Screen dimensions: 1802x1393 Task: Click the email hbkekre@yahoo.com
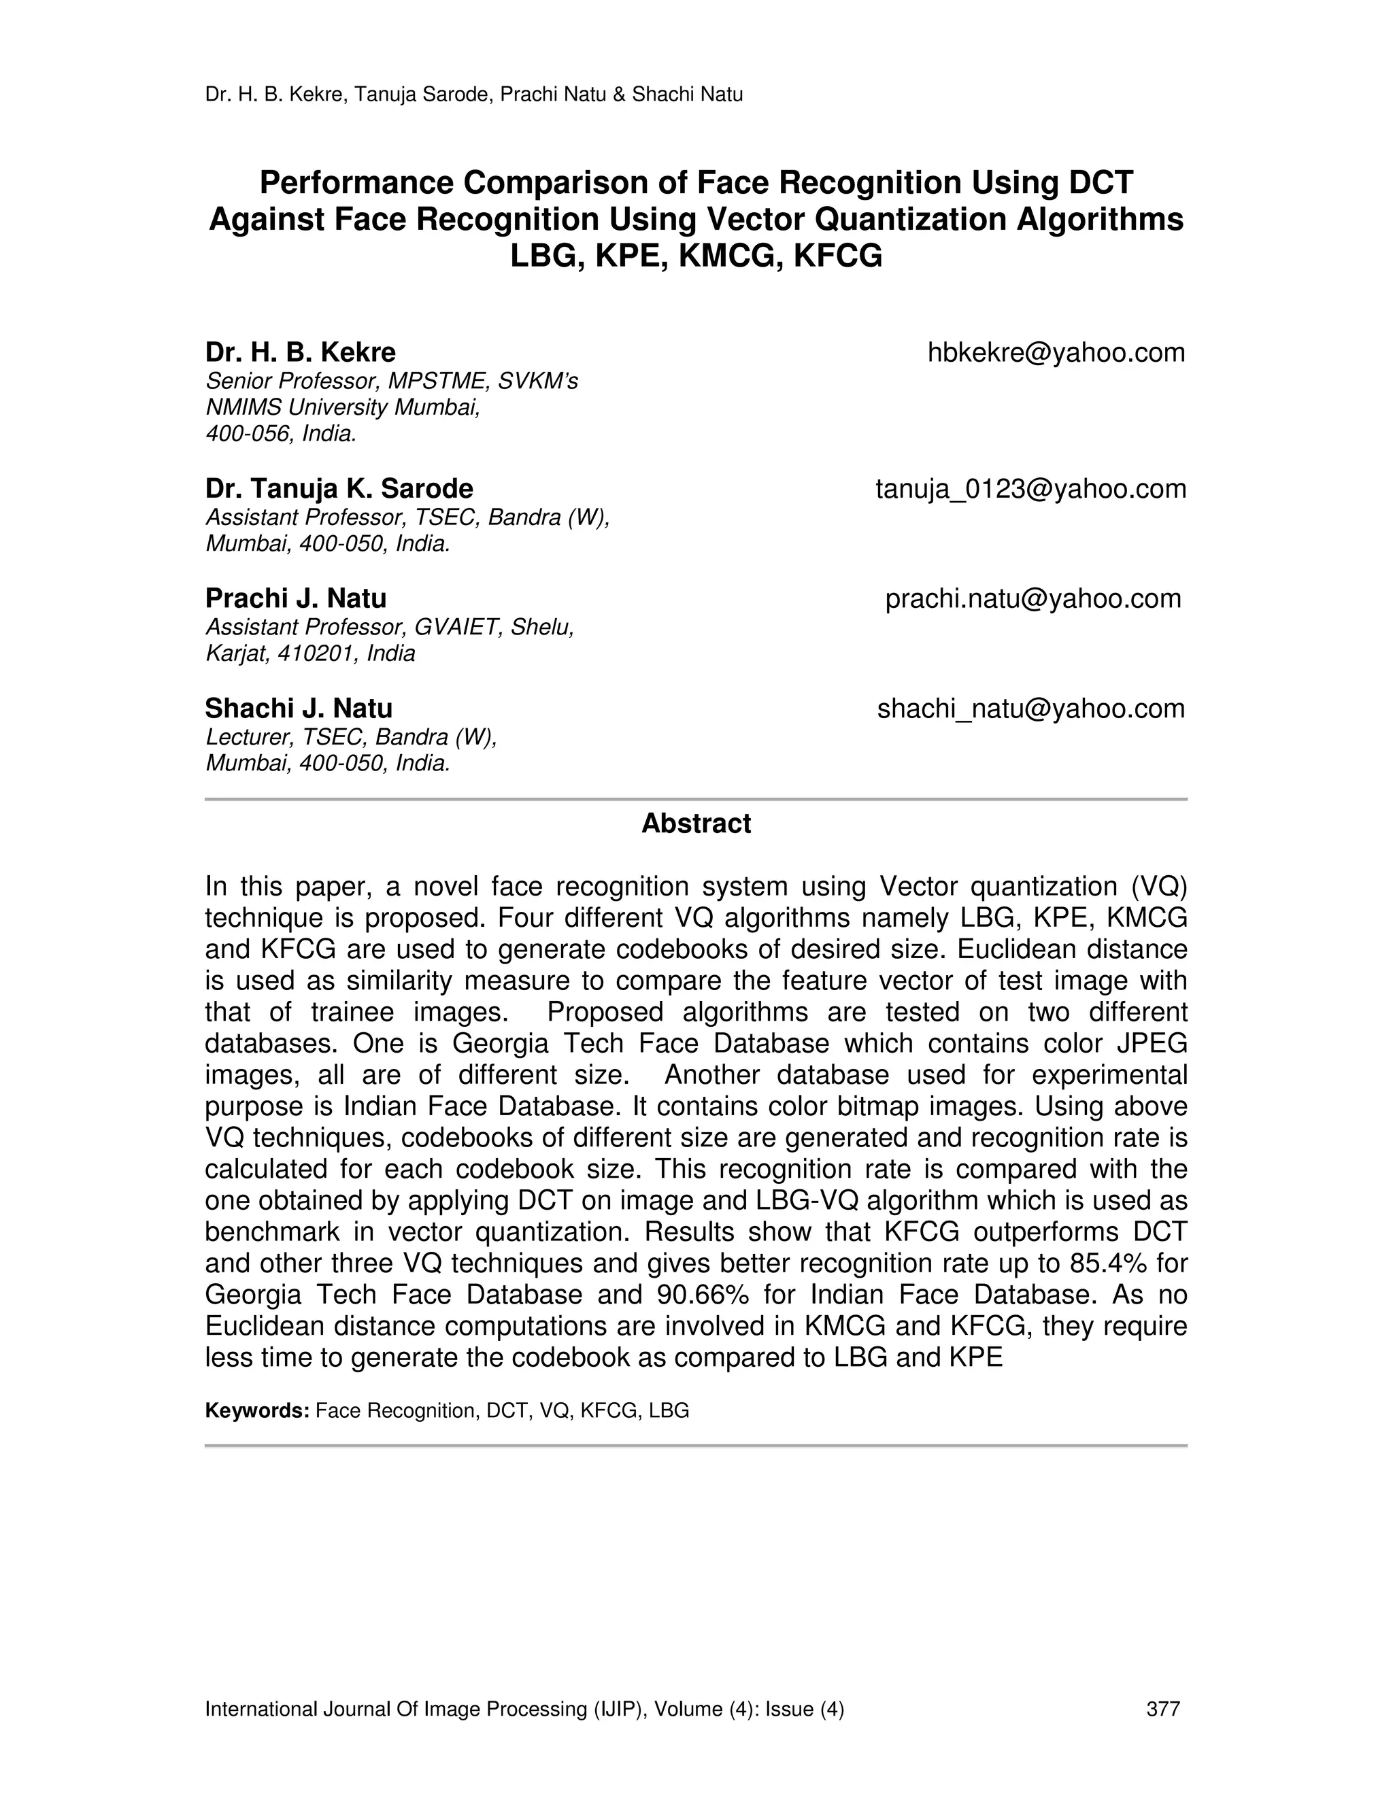point(1056,353)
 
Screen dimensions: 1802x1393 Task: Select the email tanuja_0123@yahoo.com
point(1030,490)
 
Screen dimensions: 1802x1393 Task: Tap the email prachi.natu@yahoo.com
point(1033,599)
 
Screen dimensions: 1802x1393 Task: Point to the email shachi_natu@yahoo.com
point(1030,709)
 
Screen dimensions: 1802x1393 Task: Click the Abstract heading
point(696,823)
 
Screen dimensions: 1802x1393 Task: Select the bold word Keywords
point(256,1411)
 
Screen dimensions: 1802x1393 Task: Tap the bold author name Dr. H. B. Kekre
point(301,353)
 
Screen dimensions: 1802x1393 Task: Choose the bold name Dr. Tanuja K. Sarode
point(339,490)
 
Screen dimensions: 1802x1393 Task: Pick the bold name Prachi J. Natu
point(295,599)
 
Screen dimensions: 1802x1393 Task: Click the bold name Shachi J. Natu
point(299,709)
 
